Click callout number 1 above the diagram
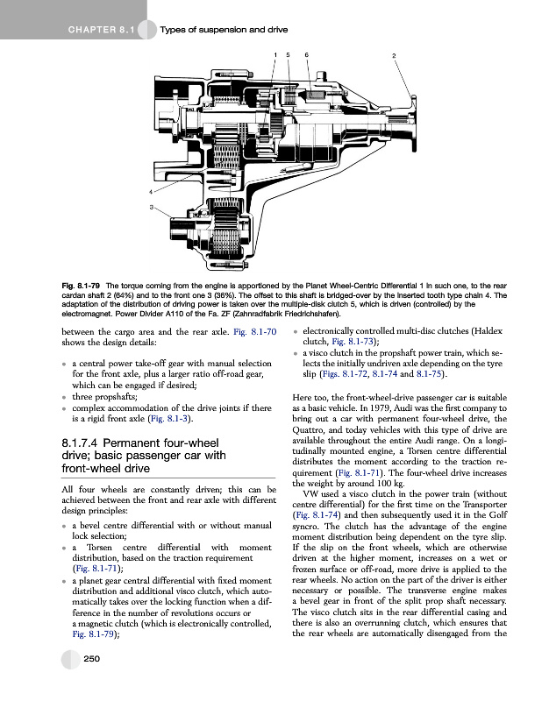275,56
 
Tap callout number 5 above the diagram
290,56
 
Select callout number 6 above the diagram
306,56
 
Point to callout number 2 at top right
395,56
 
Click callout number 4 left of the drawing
151,191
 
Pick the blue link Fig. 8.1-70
259,331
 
